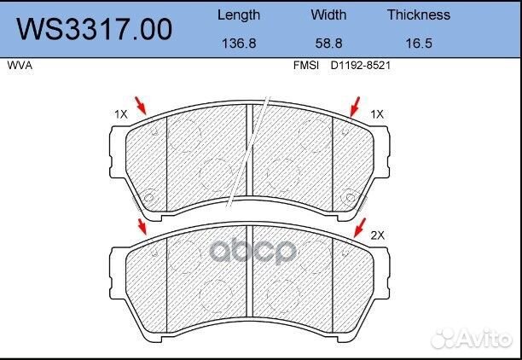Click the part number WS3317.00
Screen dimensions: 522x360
(95, 30)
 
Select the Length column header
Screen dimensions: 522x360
(239, 15)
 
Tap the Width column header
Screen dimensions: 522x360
(328, 15)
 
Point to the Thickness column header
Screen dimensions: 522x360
(419, 15)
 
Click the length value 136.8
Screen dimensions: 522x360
(239, 44)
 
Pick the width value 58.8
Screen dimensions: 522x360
(328, 44)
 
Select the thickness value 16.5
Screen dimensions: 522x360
(419, 44)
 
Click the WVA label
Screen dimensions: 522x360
(20, 66)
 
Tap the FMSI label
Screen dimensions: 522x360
(306, 66)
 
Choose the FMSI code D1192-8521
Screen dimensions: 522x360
(360, 66)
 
